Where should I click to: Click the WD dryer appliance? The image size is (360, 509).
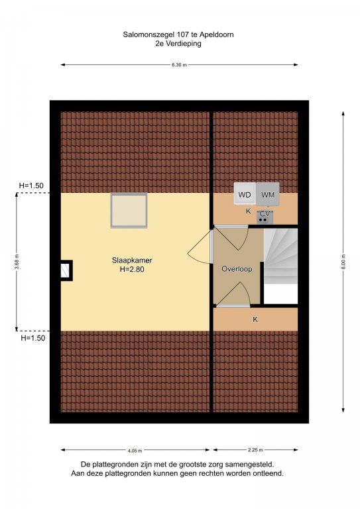pos(245,194)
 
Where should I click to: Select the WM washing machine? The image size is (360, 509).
pos(268,194)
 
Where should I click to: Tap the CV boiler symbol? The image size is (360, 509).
pos(265,217)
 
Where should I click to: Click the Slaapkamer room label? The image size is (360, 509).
pos(132,260)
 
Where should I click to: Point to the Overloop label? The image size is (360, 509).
pos(237,269)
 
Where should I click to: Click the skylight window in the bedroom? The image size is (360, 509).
pos(129,210)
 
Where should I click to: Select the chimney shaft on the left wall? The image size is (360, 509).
pos(66,270)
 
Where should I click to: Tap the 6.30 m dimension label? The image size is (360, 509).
pos(180,64)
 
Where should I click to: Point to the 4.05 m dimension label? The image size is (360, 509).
pos(135,451)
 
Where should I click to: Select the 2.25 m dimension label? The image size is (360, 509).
pos(255,450)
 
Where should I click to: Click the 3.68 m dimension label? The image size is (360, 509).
pos(17,262)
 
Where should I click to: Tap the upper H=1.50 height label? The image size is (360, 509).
pos(31,186)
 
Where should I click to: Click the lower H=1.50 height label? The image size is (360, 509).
pos(32,338)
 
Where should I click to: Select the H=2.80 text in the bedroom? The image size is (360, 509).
pos(132,269)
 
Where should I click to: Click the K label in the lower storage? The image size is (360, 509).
pos(255,319)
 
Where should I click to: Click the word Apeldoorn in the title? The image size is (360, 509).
pos(217,34)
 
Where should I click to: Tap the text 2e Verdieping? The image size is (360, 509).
pos(178,44)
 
